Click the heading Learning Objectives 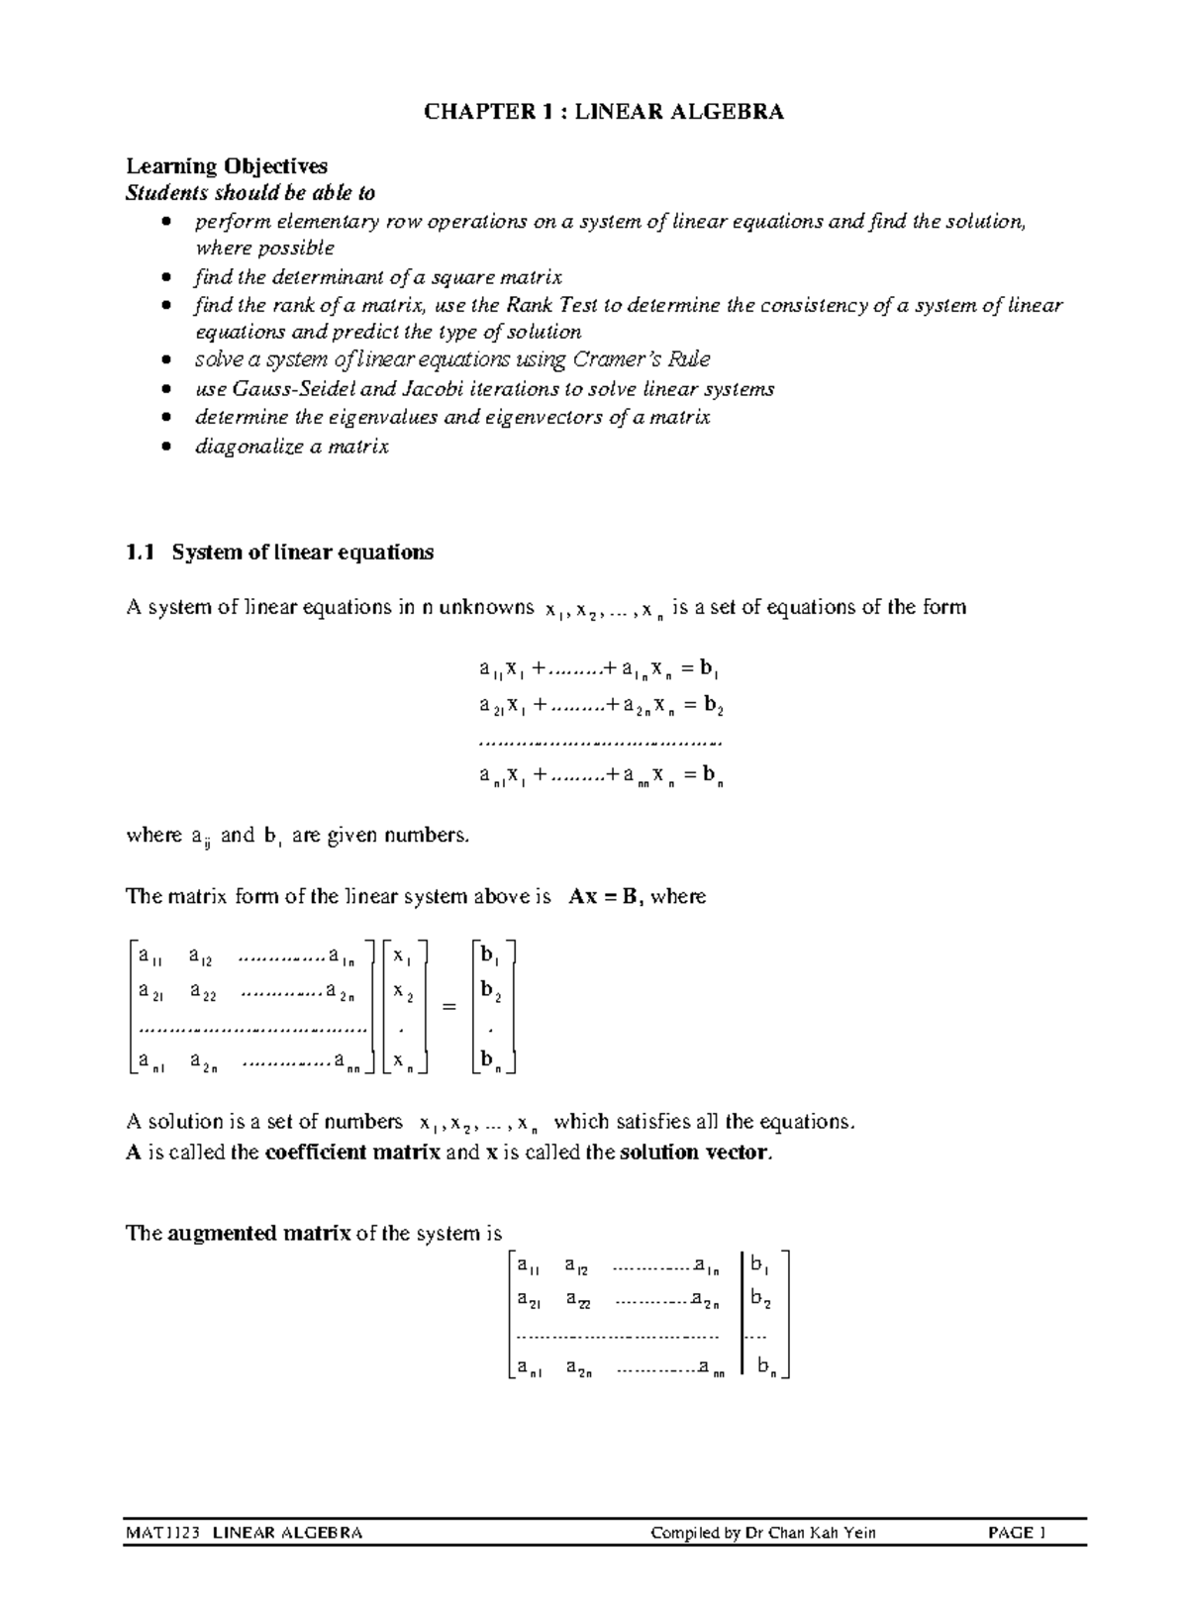click(226, 165)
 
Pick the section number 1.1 click(141, 553)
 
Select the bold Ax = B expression click(603, 897)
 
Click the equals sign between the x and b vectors click(449, 1007)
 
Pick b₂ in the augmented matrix click(760, 1299)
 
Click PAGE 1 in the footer click(1017, 1533)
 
